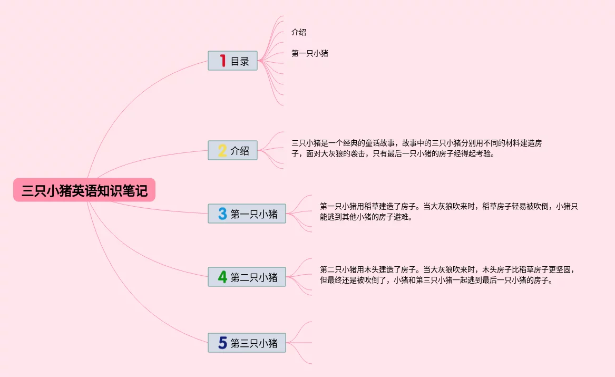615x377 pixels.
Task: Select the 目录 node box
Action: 232,61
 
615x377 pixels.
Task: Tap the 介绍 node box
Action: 232,150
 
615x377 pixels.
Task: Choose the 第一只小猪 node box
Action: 247,214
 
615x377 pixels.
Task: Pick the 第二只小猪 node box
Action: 247,276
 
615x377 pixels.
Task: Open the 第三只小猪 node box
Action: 247,343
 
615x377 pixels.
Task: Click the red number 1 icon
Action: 222,61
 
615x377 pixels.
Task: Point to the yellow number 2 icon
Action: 222,150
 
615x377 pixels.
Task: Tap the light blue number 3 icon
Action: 222,214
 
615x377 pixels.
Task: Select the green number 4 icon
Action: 222,276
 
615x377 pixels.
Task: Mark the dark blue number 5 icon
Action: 222,343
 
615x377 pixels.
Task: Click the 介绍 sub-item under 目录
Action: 299,32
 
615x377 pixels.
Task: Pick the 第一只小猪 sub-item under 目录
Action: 310,53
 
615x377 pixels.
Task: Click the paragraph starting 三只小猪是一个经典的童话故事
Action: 416,149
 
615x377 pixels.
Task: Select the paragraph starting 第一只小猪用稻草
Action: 448,211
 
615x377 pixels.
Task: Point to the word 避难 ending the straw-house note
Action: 404,217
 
